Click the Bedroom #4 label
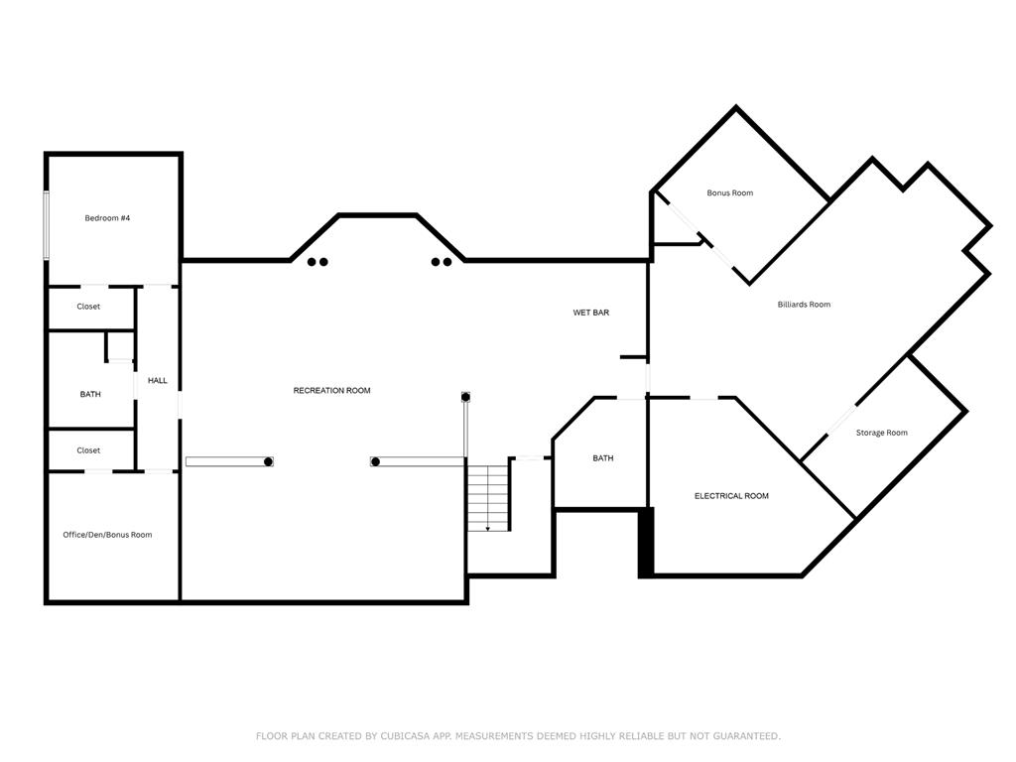click(107, 217)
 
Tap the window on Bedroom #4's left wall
click(46, 225)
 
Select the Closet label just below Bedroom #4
click(88, 307)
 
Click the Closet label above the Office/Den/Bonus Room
click(88, 450)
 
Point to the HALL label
click(158, 381)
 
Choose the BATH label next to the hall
click(90, 395)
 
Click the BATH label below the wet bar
click(603, 458)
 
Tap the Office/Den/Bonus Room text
click(107, 535)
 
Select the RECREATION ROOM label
click(331, 391)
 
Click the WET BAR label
click(590, 313)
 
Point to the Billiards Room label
click(804, 305)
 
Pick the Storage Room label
click(881, 433)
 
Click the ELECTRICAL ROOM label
click(731, 496)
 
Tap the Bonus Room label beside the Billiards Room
click(729, 193)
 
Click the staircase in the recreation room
click(488, 496)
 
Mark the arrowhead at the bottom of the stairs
click(487, 529)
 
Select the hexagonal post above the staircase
click(465, 397)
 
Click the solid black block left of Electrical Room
click(645, 542)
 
